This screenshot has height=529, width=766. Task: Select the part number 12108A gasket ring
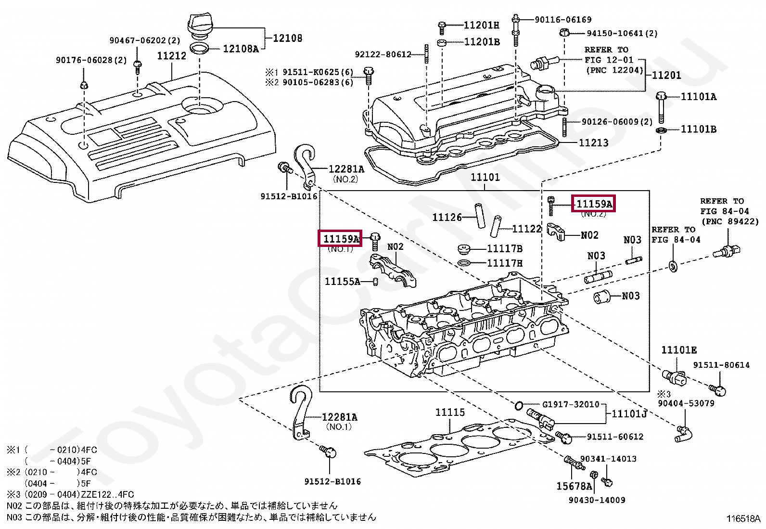[x=241, y=49]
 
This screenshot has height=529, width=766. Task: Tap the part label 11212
[x=171, y=56]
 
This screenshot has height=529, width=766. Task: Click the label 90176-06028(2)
[x=91, y=60]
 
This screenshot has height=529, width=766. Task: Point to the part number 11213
[x=593, y=143]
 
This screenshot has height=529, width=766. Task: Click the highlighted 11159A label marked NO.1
[x=340, y=238]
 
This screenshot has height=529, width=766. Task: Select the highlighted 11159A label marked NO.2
[x=594, y=204]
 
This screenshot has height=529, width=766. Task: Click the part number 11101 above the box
[x=485, y=177]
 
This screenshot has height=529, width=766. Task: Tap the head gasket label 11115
[x=450, y=413]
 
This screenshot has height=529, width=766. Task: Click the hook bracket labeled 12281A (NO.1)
[x=299, y=414]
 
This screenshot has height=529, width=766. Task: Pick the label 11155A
[x=342, y=282]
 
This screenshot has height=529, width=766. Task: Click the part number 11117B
[x=504, y=249]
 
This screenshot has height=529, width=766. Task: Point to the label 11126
[x=447, y=218]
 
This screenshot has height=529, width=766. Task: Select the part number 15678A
[x=574, y=487]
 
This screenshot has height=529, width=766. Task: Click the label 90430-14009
[x=597, y=500]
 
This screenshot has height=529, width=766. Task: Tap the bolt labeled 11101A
[x=661, y=108]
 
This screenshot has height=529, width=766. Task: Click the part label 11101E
[x=678, y=350]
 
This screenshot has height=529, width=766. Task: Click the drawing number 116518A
[x=743, y=518]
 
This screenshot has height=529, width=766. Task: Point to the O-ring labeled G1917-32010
[x=519, y=405]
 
